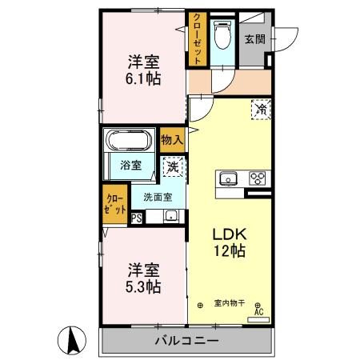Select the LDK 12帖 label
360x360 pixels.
coord(228,242)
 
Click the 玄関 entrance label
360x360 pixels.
coord(254,38)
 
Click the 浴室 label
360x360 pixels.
coord(130,166)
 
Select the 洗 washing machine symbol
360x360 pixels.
coord(172,166)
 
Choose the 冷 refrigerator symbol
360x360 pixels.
coord(260,109)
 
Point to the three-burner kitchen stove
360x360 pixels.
coord(258,178)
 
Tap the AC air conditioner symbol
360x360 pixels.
coord(258,312)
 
